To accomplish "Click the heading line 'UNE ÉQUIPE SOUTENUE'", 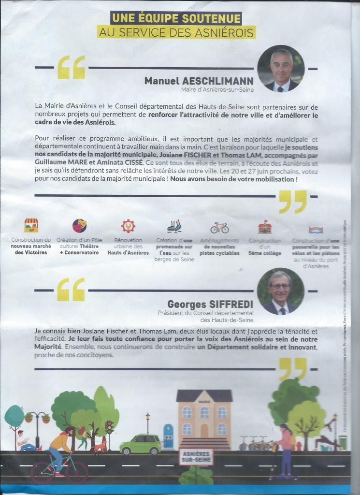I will pyautogui.click(x=176, y=19).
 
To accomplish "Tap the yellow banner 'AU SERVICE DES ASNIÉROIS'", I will pyautogui.click(x=176, y=32).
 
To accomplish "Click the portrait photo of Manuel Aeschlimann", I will pyautogui.click(x=281, y=69).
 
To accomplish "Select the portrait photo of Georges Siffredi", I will pyautogui.click(x=280, y=291).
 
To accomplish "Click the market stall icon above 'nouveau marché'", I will pyautogui.click(x=31, y=225).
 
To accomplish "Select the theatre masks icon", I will pyautogui.click(x=79, y=226).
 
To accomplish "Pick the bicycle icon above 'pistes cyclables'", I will pyautogui.click(x=219, y=227).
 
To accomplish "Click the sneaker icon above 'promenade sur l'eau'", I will pyautogui.click(x=174, y=226).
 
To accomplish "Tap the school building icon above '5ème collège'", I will pyautogui.click(x=264, y=227).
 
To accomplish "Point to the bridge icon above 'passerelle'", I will pyautogui.click(x=316, y=230).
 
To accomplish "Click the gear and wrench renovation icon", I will pyautogui.click(x=128, y=226).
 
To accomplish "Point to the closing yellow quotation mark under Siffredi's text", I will pyautogui.click(x=292, y=369).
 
